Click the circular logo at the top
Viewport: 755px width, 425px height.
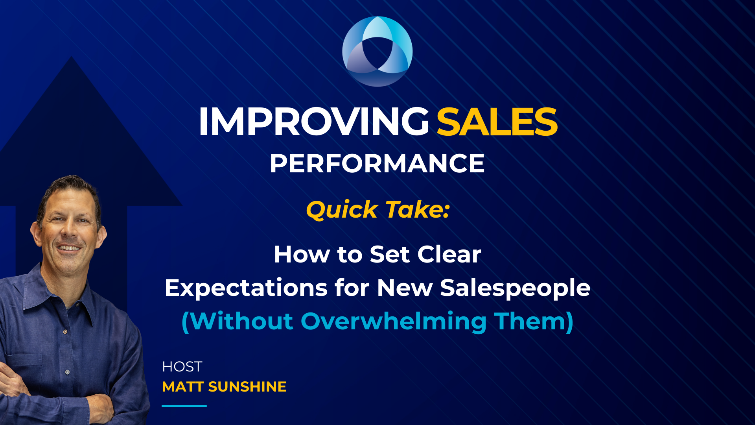pyautogui.click(x=377, y=51)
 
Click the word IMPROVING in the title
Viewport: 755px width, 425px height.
pyautogui.click(x=313, y=122)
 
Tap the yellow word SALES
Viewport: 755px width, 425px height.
pyautogui.click(x=497, y=122)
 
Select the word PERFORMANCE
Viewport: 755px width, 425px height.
pyautogui.click(x=377, y=164)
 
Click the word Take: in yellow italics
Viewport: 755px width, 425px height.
pyautogui.click(x=418, y=210)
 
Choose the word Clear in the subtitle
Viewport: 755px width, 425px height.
pyautogui.click(x=449, y=255)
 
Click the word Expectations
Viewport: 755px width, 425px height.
pyautogui.click(x=246, y=288)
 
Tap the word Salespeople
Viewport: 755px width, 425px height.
pyautogui.click(x=515, y=288)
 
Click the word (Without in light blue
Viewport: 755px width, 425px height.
pyautogui.click(x=238, y=322)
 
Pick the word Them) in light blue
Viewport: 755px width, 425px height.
pyautogui.click(x=534, y=322)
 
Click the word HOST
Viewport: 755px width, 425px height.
pyautogui.click(x=182, y=367)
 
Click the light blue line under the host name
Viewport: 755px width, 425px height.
pyautogui.click(x=184, y=406)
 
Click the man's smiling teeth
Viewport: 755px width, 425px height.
pyautogui.click(x=69, y=248)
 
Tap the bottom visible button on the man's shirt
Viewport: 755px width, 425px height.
pyautogui.click(x=67, y=372)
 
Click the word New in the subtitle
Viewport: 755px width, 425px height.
pyautogui.click(x=405, y=288)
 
